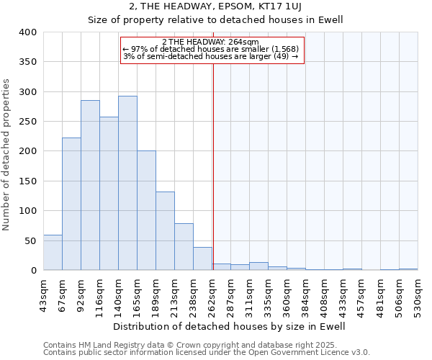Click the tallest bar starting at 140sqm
tap(127, 183)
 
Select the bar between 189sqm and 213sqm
tap(165, 230)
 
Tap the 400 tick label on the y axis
tap(28, 32)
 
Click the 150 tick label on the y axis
tap(28, 181)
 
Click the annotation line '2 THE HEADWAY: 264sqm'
tap(211, 42)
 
